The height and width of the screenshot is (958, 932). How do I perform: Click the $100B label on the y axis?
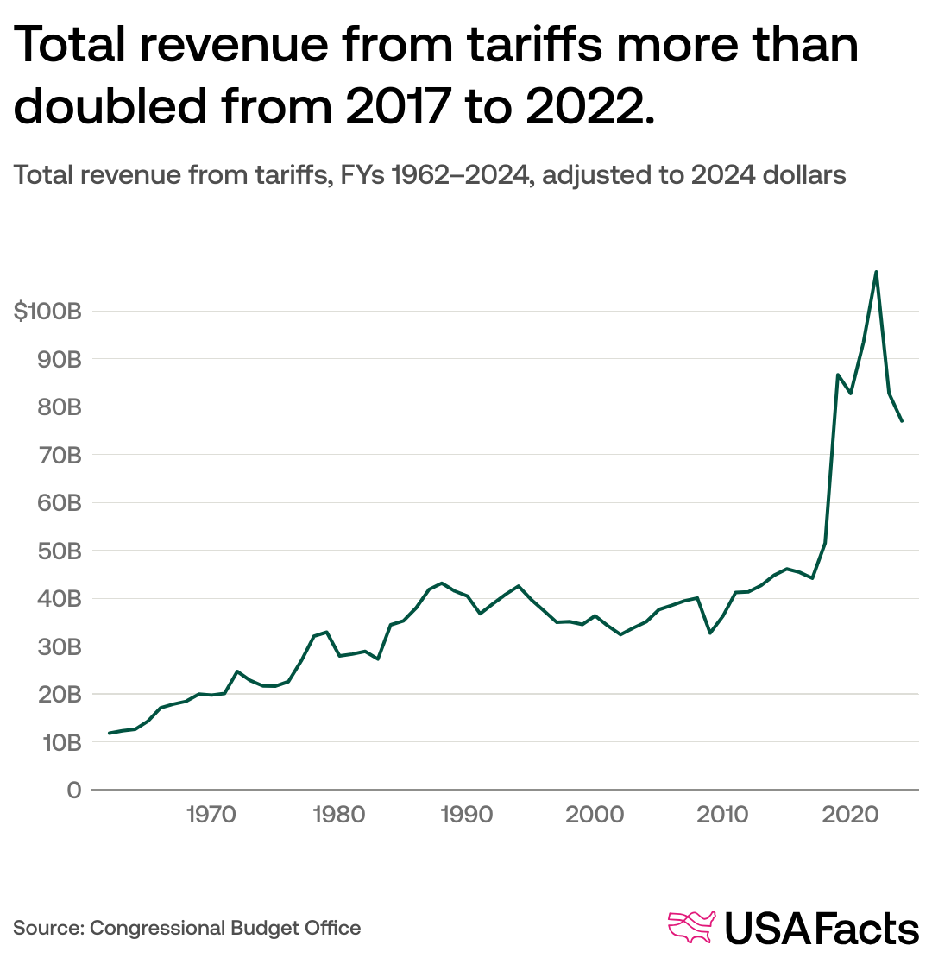point(47,312)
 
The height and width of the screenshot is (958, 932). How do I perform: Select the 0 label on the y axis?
point(73,790)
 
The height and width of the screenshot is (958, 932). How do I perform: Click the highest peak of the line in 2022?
point(876,272)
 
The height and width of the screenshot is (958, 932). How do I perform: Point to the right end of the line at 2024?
point(902,420)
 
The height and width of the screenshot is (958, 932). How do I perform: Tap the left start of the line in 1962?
point(109,733)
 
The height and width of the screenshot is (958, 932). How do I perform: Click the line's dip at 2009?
point(709,633)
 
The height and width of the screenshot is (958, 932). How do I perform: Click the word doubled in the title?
point(110,106)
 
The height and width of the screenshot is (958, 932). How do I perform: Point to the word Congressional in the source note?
point(157,929)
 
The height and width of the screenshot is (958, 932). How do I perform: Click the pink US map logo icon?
point(693,928)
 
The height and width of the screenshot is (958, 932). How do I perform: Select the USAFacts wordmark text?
point(822,929)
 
